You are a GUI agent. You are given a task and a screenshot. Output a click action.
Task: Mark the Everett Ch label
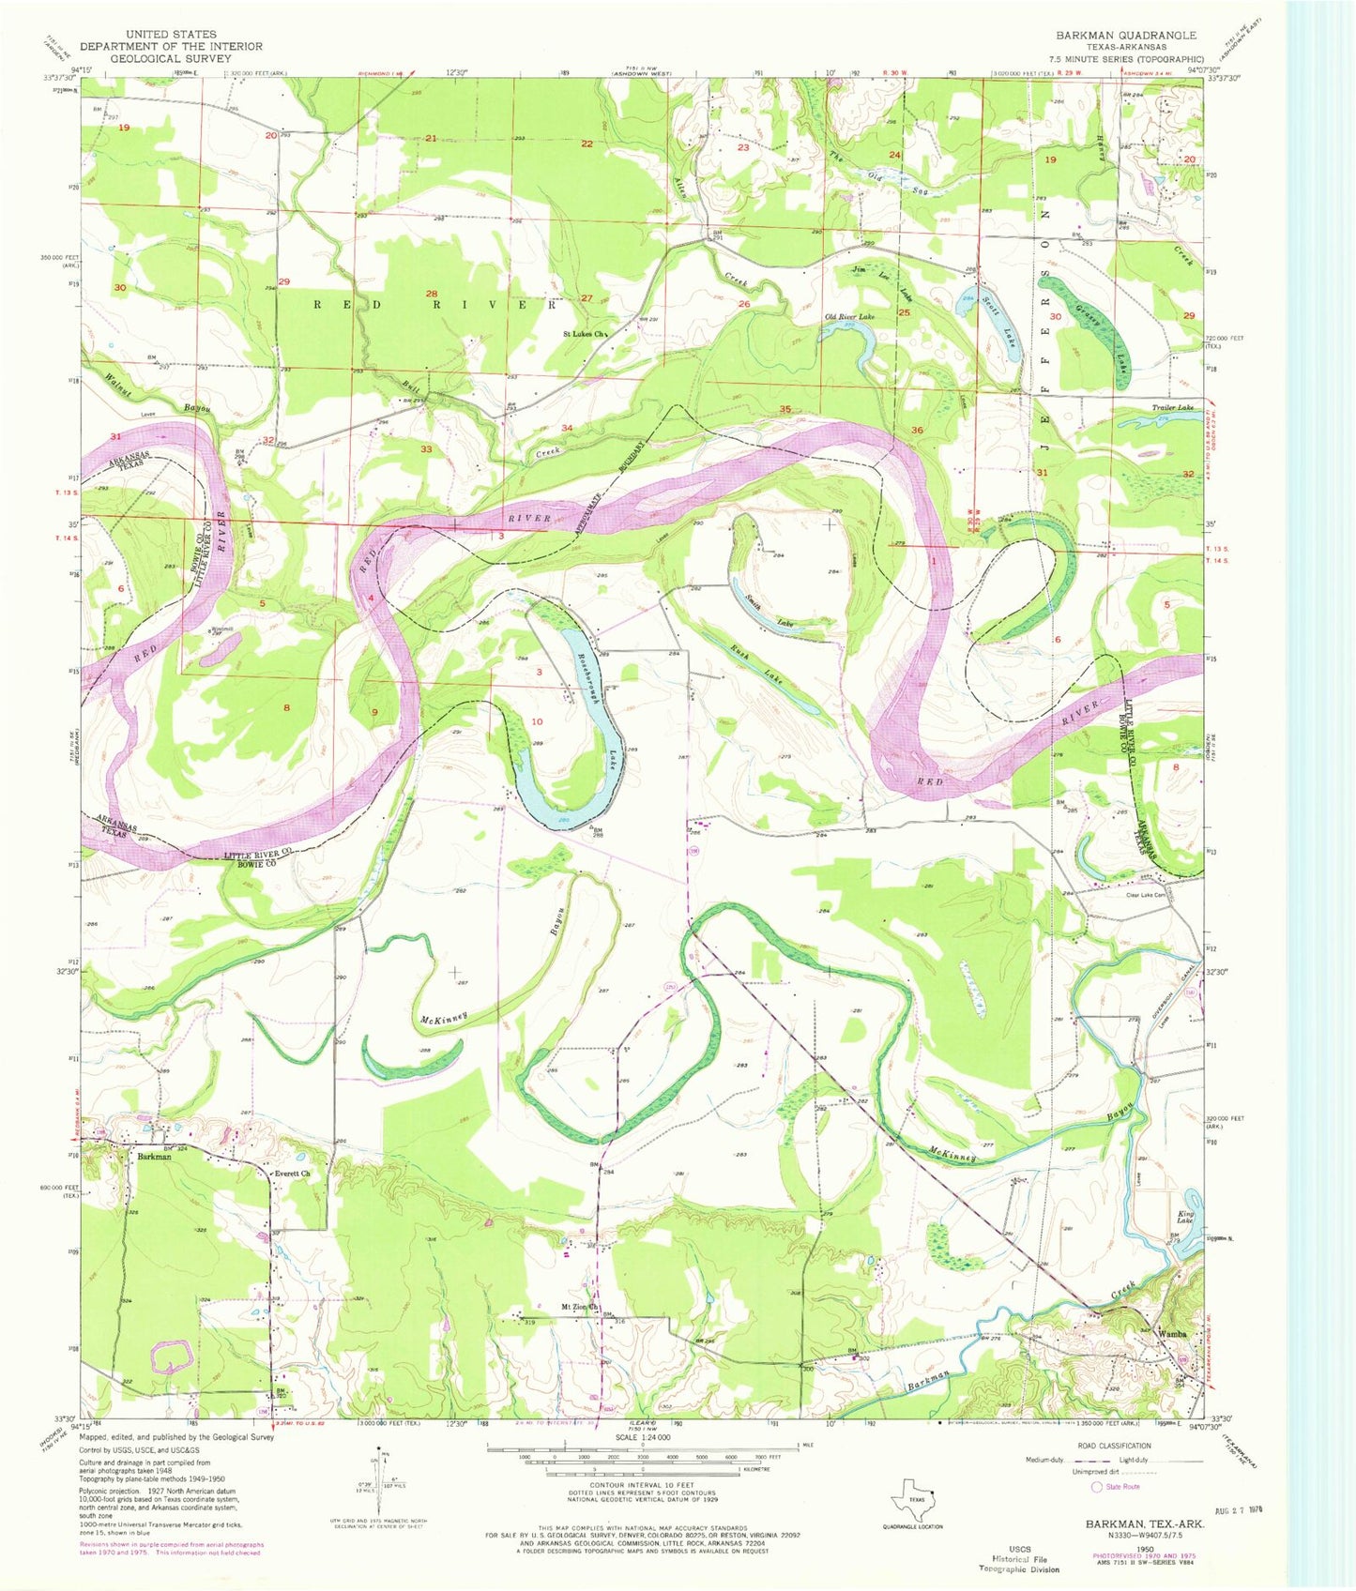tap(291, 1173)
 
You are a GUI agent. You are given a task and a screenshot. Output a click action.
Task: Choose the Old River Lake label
tap(849, 317)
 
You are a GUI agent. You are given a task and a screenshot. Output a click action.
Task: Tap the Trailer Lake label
tap(1173, 408)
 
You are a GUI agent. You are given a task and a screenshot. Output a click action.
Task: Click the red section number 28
tap(432, 295)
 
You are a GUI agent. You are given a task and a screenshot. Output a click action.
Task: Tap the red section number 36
tap(917, 430)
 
